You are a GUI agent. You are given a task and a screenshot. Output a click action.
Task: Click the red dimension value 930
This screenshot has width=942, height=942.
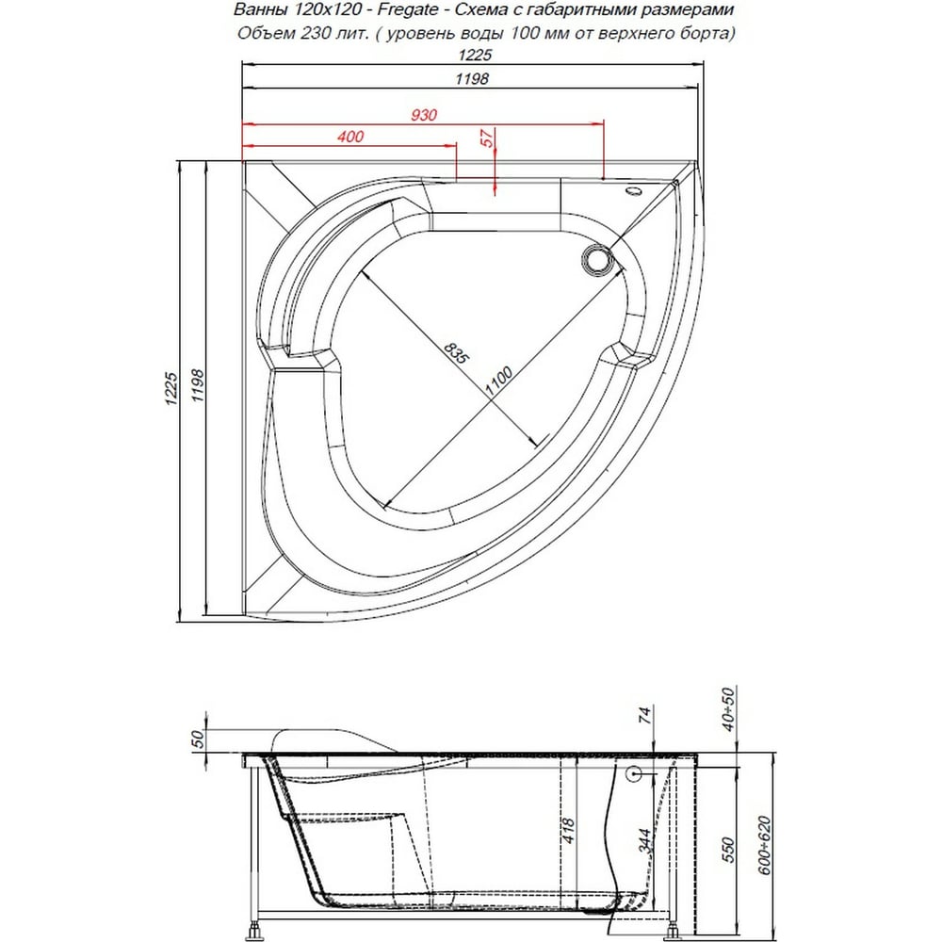[424, 114]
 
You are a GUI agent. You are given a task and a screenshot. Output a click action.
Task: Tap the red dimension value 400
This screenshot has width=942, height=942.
[350, 137]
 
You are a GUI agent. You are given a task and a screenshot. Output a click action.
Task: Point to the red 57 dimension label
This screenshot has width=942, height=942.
[487, 138]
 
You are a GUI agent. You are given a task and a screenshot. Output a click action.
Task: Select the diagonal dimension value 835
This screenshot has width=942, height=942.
[455, 352]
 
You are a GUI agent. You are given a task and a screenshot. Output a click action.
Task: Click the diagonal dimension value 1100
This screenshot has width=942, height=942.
[498, 381]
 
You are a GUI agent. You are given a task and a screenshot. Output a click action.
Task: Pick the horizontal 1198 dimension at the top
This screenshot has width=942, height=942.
[472, 78]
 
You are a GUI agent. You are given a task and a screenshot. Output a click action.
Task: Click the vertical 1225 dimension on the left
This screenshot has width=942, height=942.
[171, 388]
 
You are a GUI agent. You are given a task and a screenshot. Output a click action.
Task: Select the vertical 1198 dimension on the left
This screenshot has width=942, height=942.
[197, 385]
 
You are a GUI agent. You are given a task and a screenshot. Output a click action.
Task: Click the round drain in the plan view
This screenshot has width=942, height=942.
[597, 260]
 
